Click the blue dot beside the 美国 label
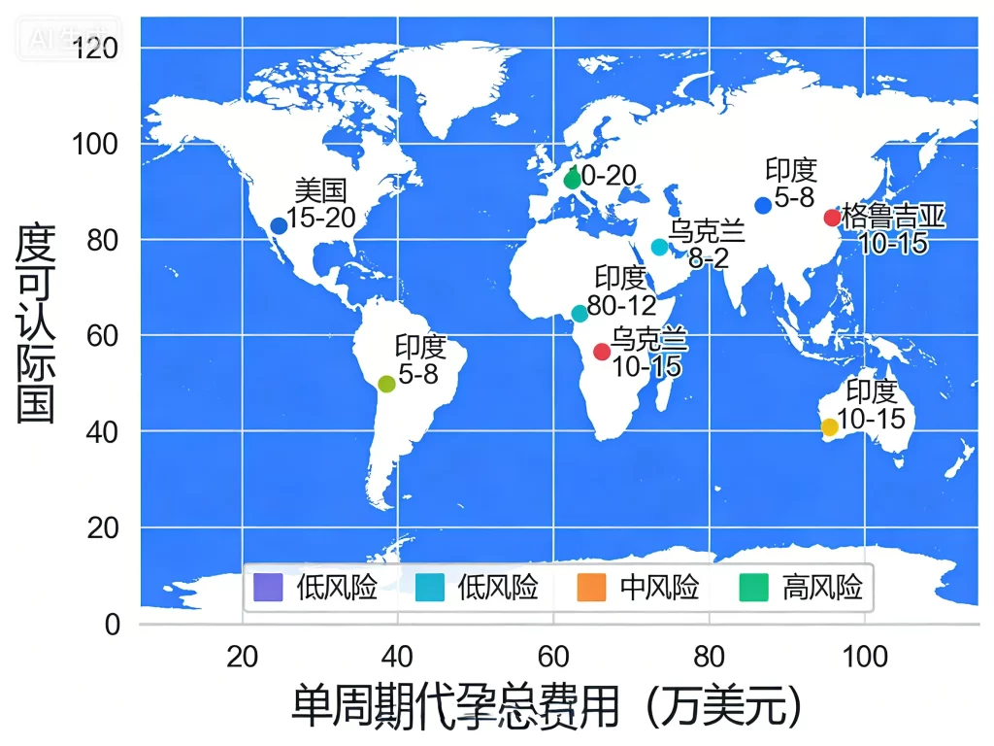click(279, 225)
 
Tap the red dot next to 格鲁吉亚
click(832, 218)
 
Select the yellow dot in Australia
click(829, 427)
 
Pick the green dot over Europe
click(572, 180)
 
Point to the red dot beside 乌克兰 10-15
click(602, 352)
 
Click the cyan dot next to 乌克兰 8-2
click(659, 247)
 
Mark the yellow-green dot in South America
click(386, 384)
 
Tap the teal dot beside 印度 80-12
click(580, 313)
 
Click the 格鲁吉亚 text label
click(893, 217)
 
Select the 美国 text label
click(320, 190)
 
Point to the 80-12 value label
click(621, 306)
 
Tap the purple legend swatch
click(266, 588)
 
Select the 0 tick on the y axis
click(113, 624)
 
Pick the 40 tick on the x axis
click(396, 658)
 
